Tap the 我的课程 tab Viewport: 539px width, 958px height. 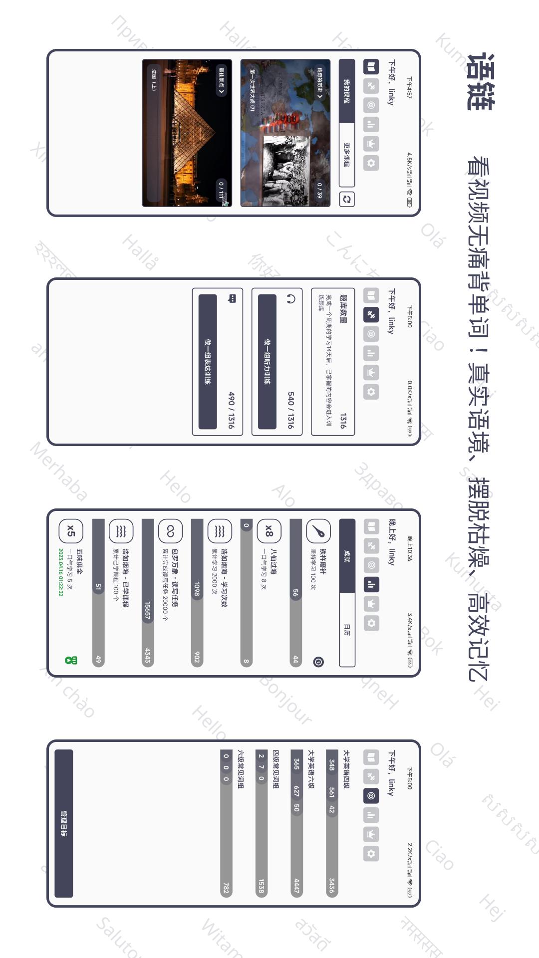pyautogui.click(x=347, y=91)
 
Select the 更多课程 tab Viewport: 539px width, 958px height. pyautogui.click(x=347, y=155)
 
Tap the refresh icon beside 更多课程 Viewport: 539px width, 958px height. pyautogui.click(x=346, y=200)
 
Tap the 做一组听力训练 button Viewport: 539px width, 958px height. pyautogui.click(x=267, y=361)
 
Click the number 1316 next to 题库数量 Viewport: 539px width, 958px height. pyautogui.click(x=343, y=421)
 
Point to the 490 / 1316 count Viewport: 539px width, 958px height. pyautogui.click(x=231, y=410)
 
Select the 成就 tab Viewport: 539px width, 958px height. pyautogui.click(x=347, y=555)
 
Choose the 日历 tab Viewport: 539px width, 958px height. pyautogui.click(x=347, y=630)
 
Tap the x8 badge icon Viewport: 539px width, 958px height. pyautogui.click(x=269, y=531)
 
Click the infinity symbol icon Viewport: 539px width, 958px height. pyautogui.click(x=170, y=531)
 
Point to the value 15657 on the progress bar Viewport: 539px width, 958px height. pyautogui.click(x=148, y=610)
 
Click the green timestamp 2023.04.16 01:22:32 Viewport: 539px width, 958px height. pyautogui.click(x=61, y=572)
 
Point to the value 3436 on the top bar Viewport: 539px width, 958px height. pyautogui.click(x=332, y=886)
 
